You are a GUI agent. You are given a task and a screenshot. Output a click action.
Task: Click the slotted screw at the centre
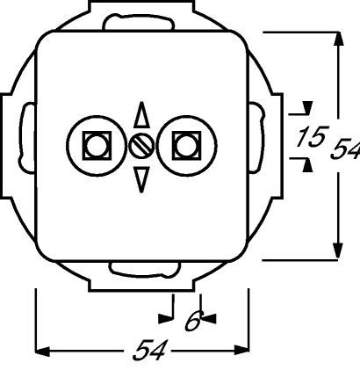point(141,146)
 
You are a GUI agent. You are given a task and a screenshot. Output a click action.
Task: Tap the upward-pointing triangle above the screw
point(141,116)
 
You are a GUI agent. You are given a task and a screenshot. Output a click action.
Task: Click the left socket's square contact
point(97,146)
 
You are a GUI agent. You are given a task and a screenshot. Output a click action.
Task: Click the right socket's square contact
point(186,146)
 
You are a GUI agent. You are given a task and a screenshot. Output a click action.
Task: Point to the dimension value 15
point(312,136)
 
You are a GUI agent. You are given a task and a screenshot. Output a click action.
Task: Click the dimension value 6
point(194,321)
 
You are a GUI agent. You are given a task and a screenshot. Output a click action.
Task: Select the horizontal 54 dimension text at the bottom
point(151,350)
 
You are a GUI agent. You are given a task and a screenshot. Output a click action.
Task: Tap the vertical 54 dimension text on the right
point(345,149)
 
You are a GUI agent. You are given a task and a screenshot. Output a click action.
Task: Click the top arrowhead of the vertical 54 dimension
point(339,39)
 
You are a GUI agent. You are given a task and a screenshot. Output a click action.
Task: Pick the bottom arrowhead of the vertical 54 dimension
point(338,251)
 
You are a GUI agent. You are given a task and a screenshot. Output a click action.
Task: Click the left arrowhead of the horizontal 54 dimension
point(43,351)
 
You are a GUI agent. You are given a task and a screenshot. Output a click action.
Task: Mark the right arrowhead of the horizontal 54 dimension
point(241,350)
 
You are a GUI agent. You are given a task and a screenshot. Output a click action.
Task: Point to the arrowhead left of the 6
point(166,318)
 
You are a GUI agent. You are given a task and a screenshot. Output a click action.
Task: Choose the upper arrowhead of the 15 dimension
point(307,107)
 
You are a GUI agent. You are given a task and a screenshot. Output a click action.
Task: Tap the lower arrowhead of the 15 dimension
point(307,165)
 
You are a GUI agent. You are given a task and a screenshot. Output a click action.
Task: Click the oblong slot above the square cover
point(139,22)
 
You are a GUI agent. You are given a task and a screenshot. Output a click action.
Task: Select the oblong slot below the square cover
point(145,270)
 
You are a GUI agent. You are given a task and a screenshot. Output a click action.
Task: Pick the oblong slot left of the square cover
point(27,138)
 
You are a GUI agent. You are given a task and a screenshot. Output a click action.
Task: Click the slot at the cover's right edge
point(257,138)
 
